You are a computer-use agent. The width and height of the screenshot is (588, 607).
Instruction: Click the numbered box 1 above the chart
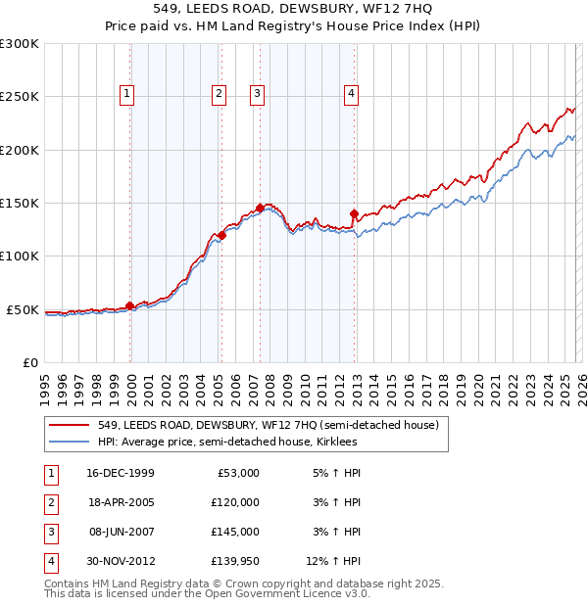pyautogui.click(x=127, y=94)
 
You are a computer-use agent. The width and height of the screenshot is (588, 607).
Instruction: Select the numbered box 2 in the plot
pyautogui.click(x=218, y=94)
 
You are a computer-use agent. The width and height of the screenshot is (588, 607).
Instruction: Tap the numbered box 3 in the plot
pyautogui.click(x=257, y=94)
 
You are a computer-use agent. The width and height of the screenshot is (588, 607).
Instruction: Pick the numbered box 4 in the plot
pyautogui.click(x=351, y=94)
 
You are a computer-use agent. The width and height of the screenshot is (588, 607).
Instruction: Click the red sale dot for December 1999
pyautogui.click(x=130, y=306)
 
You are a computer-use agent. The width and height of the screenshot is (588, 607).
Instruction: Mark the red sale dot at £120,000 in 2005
pyautogui.click(x=222, y=235)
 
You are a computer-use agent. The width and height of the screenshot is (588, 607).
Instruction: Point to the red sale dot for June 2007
pyautogui.click(x=260, y=209)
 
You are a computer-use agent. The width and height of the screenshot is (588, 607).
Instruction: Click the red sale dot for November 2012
pyautogui.click(x=354, y=213)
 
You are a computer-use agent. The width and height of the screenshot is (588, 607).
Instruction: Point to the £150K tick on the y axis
pyautogui.click(x=22, y=203)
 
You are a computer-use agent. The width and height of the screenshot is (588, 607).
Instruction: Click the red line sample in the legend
pyautogui.click(x=71, y=425)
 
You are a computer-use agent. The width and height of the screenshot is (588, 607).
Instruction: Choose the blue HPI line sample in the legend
pyautogui.click(x=71, y=443)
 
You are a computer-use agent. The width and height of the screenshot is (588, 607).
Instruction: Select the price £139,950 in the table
pyautogui.click(x=235, y=561)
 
